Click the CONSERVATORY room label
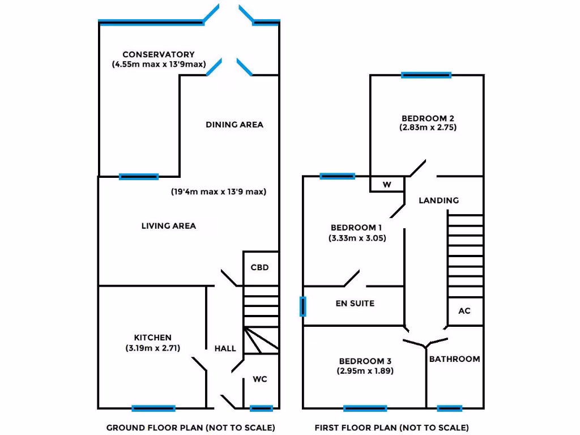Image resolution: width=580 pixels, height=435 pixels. coord(159,55)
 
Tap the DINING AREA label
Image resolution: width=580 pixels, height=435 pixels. coord(234,125)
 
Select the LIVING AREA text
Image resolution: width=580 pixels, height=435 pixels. coord(169,226)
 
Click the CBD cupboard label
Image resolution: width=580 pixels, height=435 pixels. coord(259,267)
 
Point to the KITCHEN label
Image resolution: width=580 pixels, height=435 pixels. coord(153,338)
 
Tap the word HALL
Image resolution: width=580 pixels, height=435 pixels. coord(225,348)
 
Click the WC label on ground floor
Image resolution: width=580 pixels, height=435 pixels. coord(260,379)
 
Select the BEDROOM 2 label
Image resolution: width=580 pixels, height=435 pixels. coord(428,118)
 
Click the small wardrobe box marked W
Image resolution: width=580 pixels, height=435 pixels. coord(387,184)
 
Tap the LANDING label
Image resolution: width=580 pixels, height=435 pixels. coord(439,201)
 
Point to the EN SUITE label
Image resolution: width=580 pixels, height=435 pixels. coord(355,304)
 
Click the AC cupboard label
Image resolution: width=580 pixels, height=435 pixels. coord(464,311)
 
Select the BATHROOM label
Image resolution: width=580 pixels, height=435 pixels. coord(454,359)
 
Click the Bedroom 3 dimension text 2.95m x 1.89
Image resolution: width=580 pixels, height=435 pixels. coord(365,372)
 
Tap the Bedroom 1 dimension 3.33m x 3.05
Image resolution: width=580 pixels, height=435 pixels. coord(357,238)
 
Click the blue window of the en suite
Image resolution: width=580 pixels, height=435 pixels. coord(303,306)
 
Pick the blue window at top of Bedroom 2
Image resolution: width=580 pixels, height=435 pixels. coord(426,75)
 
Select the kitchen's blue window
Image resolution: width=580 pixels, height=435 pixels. coord(153,408)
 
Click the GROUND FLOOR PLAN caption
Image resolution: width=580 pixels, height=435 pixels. coord(191,428)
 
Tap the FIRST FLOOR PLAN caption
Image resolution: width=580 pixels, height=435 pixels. coord(392,428)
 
